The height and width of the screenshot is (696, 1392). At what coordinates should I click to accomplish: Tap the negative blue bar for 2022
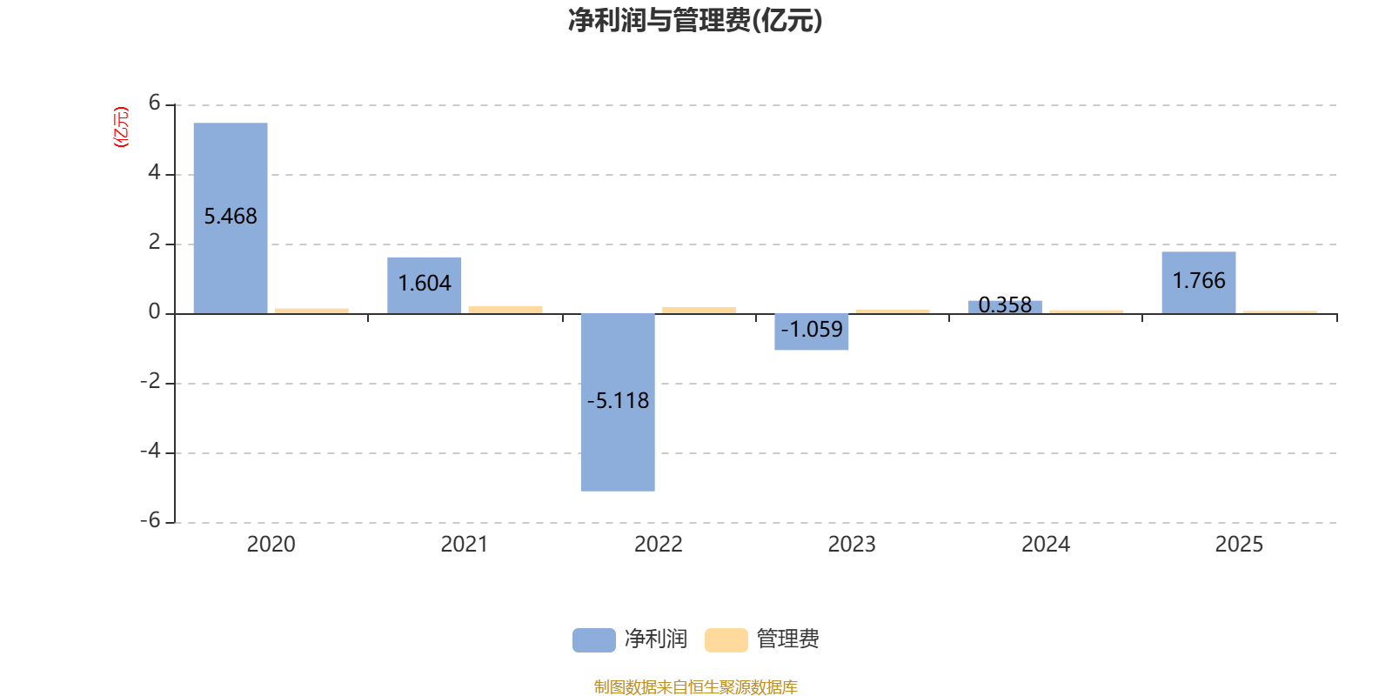click(x=618, y=444)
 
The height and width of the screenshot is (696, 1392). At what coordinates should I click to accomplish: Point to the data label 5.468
click(x=231, y=216)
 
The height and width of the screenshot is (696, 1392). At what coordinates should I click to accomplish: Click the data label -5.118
click(x=618, y=400)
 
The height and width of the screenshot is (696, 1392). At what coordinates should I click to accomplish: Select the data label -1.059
click(x=812, y=329)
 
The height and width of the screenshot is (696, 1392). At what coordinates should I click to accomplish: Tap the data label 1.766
click(x=1199, y=280)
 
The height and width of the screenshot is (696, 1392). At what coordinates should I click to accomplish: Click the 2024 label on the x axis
click(x=1045, y=544)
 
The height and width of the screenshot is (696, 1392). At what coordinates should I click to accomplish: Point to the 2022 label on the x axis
click(x=658, y=544)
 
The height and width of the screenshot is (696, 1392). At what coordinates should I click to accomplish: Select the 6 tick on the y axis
click(x=155, y=104)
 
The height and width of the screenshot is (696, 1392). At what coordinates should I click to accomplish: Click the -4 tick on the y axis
click(x=151, y=451)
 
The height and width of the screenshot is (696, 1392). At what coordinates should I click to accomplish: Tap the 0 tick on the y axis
click(x=155, y=311)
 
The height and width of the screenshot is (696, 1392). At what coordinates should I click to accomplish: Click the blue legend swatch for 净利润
click(x=593, y=639)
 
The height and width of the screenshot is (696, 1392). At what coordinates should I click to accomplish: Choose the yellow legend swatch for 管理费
click(x=726, y=639)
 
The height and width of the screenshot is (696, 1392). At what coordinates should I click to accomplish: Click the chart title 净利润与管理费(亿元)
click(x=695, y=20)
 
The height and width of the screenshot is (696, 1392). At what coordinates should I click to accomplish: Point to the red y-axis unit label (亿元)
click(x=121, y=127)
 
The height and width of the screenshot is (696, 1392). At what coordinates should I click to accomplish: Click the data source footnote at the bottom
click(x=695, y=686)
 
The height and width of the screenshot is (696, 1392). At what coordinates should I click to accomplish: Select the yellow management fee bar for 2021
click(x=505, y=309)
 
